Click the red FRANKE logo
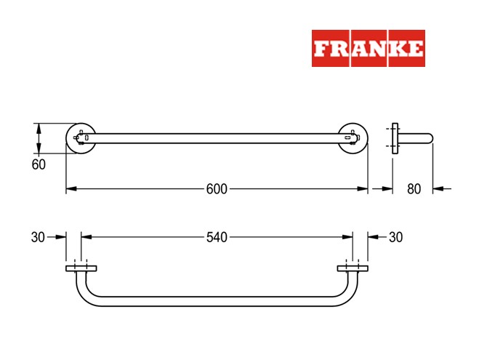point(368,48)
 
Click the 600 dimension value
point(217,189)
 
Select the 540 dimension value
point(217,237)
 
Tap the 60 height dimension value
point(39,164)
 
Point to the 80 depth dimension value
point(414,189)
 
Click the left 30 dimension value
point(38,237)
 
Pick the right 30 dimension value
point(395,237)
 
